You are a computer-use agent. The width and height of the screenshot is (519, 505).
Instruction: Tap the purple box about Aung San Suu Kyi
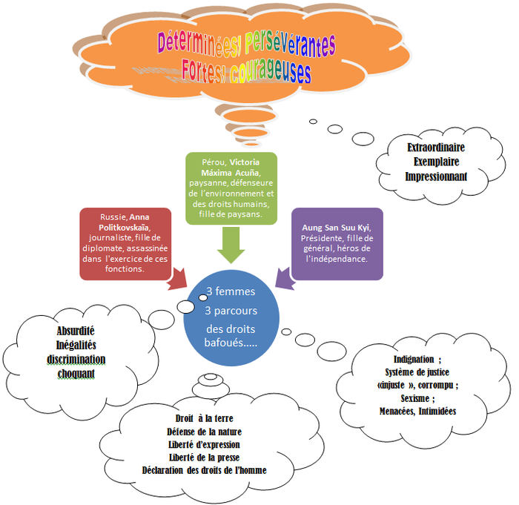[337, 242]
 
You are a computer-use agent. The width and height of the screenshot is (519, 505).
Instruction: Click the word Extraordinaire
[436, 147]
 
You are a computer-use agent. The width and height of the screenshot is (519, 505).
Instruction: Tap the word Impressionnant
[436, 176]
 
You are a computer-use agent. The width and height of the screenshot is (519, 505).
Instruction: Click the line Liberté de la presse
[204, 457]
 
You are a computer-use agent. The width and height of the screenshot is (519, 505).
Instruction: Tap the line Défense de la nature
[204, 431]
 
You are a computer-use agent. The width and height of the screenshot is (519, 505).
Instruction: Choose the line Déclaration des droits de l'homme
[204, 470]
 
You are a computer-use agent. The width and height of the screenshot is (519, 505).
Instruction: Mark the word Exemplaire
[436, 162]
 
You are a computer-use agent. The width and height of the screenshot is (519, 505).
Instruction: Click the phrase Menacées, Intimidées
[417, 411]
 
